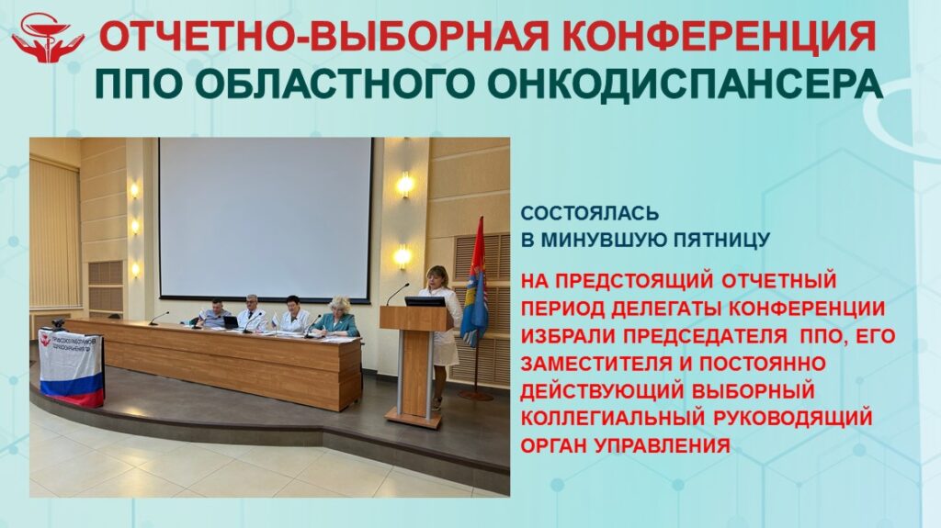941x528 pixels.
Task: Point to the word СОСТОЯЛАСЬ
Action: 590,214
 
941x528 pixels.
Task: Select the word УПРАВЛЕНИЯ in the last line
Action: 663,445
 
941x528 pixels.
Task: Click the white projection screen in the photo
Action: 266,219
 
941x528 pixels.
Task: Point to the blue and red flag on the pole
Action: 475,282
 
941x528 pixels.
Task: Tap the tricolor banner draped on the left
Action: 72,367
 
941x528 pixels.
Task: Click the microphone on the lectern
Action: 397,294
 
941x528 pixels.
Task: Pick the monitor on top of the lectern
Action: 425,301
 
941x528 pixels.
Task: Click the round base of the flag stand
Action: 476,396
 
